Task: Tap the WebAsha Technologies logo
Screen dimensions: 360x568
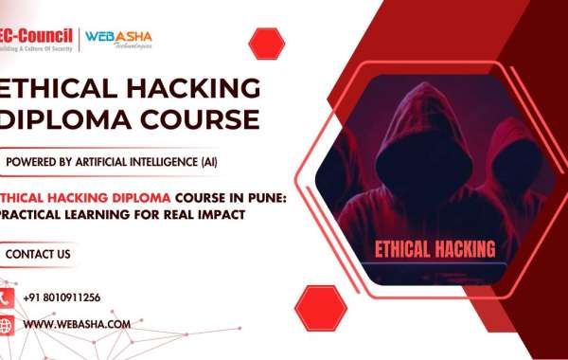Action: pos(118,39)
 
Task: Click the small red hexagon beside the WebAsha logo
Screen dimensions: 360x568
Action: pos(266,43)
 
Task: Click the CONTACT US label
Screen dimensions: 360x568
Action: pos(38,254)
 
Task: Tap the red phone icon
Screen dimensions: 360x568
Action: pos(6,297)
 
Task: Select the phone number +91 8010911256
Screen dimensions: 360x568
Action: pos(62,297)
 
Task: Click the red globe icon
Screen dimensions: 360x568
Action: pos(6,325)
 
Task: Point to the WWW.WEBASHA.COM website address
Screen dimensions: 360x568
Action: pos(77,325)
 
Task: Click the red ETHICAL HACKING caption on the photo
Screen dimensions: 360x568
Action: pos(435,250)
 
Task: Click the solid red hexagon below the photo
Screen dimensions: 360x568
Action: pos(320,307)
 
